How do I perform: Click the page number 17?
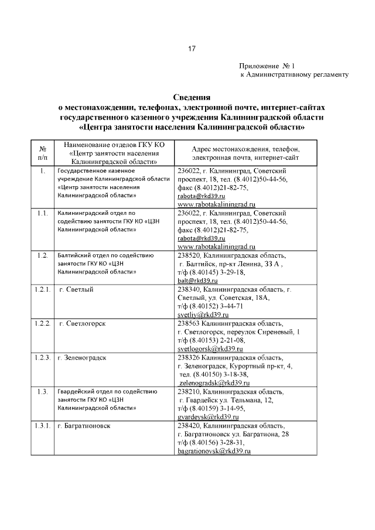(192, 49)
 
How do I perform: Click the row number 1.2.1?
(42, 290)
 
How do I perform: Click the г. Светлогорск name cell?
(83, 324)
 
